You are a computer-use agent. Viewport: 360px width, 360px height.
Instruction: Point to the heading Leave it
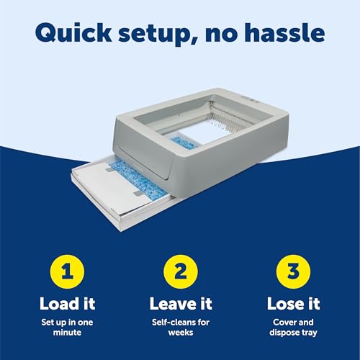coord(180,303)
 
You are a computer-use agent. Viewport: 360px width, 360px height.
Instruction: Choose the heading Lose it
coord(292,303)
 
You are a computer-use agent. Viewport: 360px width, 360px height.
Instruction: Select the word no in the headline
coord(222,34)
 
